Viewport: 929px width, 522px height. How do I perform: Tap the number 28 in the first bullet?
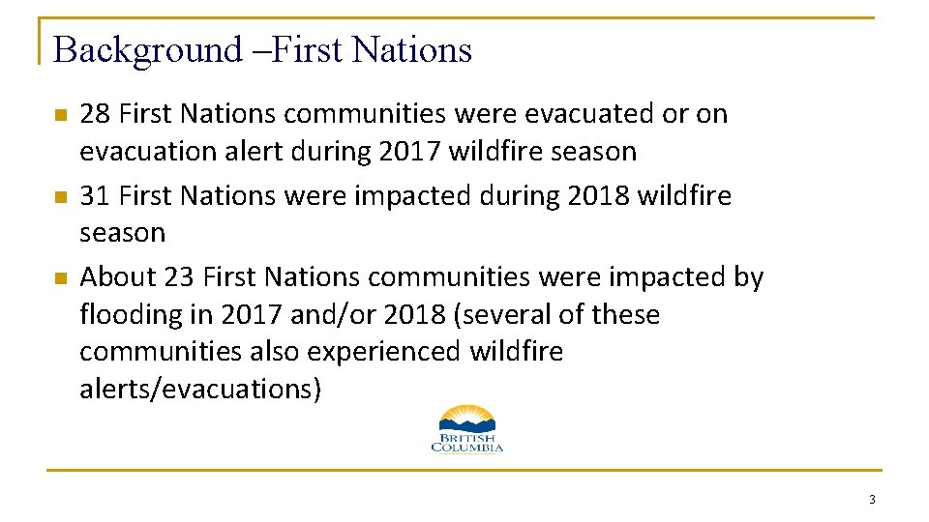95,114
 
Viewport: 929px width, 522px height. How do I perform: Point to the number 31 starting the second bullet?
95,195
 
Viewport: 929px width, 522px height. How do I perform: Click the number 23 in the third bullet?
179,277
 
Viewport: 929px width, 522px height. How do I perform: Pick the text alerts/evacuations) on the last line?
199,390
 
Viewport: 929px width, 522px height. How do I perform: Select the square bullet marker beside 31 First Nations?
60,197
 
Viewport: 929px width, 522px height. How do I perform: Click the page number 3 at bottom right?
872,500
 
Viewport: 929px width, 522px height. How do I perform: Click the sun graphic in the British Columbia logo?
466,416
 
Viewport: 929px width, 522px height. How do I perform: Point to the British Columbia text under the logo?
466,443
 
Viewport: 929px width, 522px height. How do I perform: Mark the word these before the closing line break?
626,315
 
